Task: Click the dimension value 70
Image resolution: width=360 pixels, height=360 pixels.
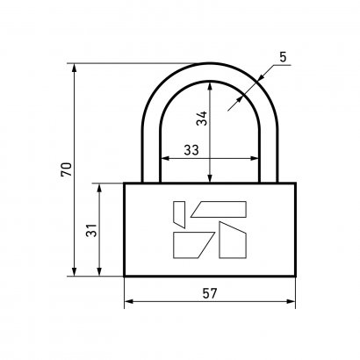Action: [67, 169]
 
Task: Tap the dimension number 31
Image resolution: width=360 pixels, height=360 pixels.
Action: [91, 230]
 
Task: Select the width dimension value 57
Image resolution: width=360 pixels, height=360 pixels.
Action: [210, 293]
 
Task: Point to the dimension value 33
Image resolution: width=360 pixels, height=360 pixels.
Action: [191, 150]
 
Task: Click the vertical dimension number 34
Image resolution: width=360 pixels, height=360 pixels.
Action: [202, 119]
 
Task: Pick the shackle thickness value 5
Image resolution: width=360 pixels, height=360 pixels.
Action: [283, 57]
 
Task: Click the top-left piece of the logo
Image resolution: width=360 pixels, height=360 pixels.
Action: [179, 214]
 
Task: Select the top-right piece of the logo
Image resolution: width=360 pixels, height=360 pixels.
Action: [219, 209]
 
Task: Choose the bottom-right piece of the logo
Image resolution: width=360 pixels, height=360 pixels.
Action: [233, 240]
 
